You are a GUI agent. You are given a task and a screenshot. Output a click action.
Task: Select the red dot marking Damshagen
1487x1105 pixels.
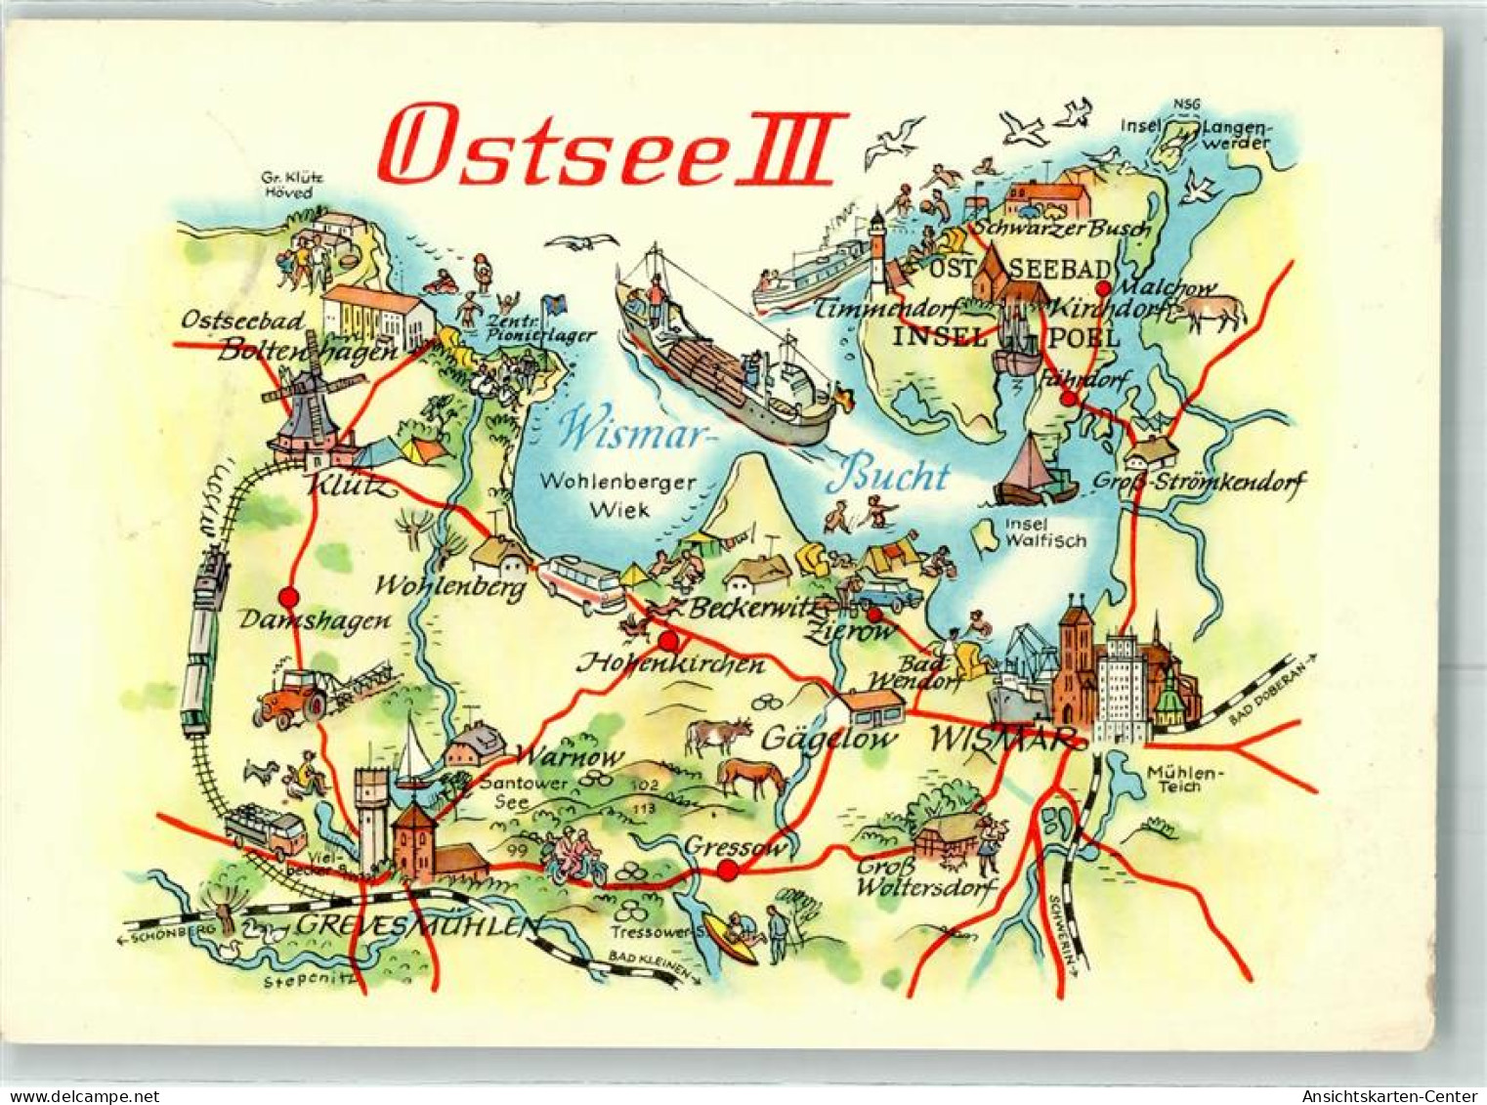click(x=288, y=597)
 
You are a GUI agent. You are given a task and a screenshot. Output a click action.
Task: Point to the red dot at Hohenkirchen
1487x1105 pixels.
click(x=669, y=642)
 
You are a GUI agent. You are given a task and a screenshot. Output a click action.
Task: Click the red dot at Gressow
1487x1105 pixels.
click(x=728, y=871)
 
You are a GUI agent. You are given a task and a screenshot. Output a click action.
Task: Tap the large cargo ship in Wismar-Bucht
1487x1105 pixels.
click(x=723, y=361)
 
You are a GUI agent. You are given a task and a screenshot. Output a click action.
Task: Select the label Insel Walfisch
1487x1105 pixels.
click(x=1045, y=532)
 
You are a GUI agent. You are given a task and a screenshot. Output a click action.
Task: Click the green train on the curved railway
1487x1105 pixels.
click(x=202, y=645)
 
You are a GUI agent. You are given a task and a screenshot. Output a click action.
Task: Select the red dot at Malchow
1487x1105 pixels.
click(x=1103, y=288)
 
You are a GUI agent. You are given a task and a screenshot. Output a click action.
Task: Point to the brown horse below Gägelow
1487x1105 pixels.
click(x=750, y=778)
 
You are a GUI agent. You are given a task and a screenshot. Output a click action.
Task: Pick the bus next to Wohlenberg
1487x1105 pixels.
click(x=582, y=584)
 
